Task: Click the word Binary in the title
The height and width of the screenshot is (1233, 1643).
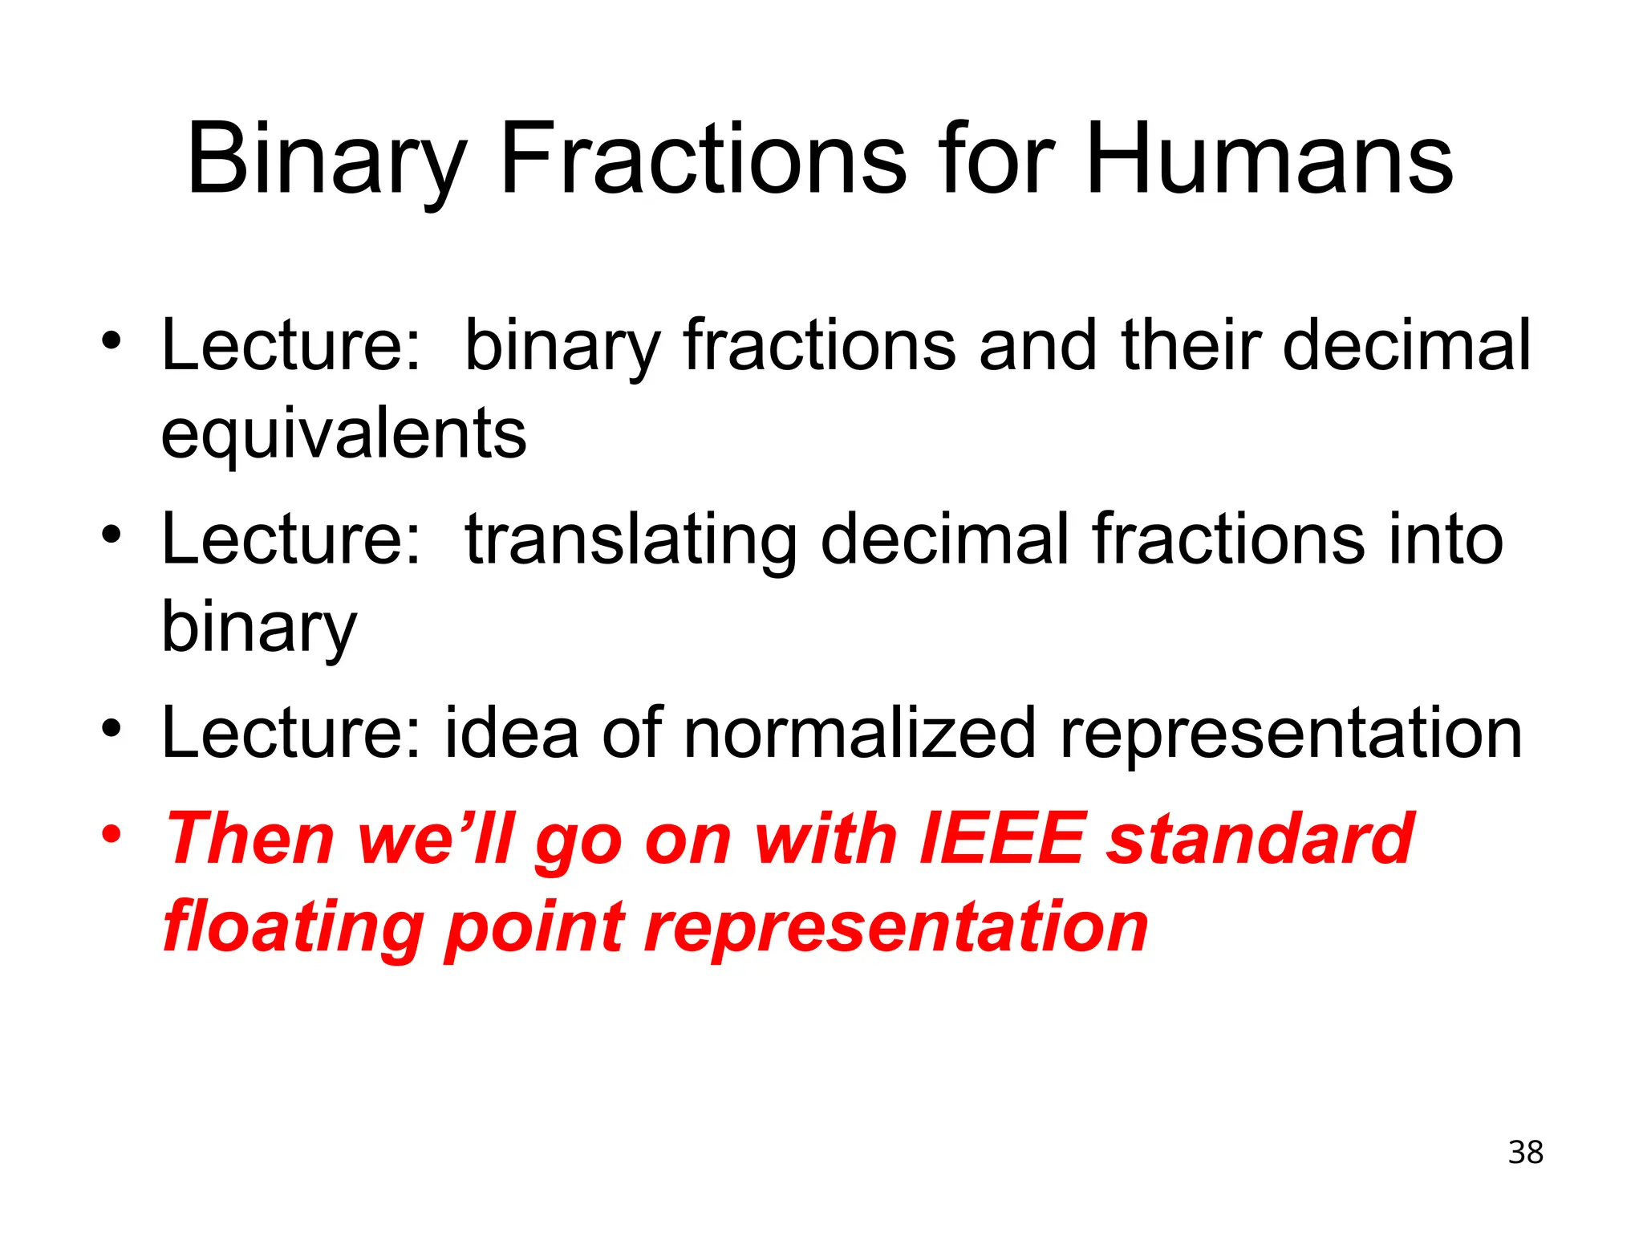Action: [326, 161]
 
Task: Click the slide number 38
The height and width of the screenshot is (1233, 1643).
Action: [1525, 1153]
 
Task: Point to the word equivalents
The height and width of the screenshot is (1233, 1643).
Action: [343, 435]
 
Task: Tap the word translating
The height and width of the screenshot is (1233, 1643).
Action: [631, 540]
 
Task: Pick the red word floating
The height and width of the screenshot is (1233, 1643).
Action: [293, 927]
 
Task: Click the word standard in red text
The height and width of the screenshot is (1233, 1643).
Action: [1260, 839]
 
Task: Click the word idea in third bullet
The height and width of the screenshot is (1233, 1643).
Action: [511, 733]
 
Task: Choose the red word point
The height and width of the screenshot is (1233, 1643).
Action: [534, 927]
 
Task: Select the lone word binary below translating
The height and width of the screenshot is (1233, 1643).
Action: [258, 629]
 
